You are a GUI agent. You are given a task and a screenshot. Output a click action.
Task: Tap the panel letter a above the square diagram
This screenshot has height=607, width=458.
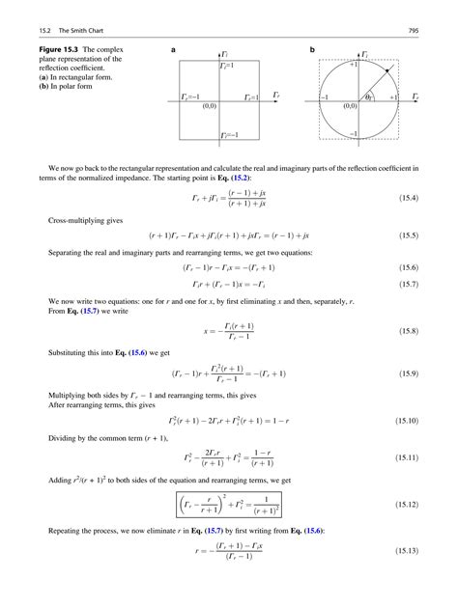point(172,49)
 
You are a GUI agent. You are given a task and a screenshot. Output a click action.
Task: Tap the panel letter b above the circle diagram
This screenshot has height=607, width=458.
point(312,49)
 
